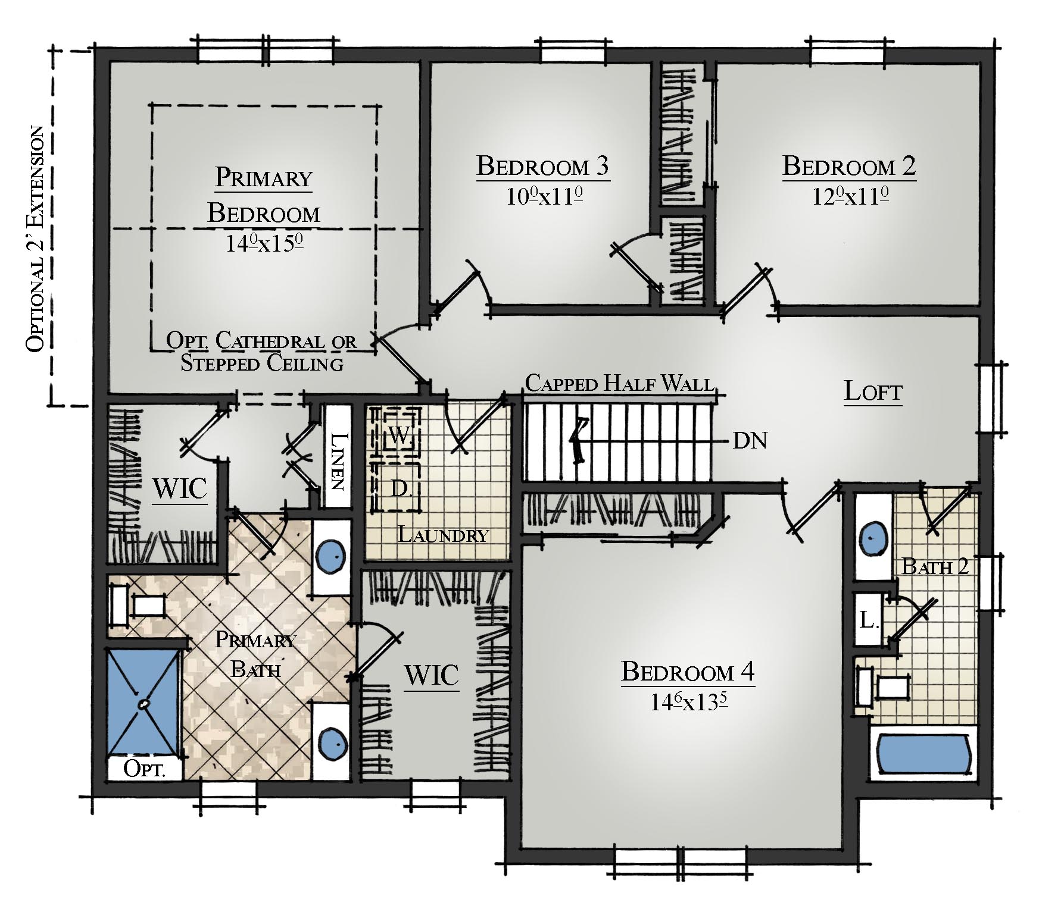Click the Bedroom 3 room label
click(543, 167)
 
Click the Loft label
click(873, 392)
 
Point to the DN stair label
click(750, 441)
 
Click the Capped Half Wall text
click(620, 383)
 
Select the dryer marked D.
click(396, 487)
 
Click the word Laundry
click(442, 534)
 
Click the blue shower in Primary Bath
click(143, 703)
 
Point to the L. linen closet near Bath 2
click(868, 620)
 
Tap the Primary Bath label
click(255, 654)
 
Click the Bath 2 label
click(935, 566)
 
